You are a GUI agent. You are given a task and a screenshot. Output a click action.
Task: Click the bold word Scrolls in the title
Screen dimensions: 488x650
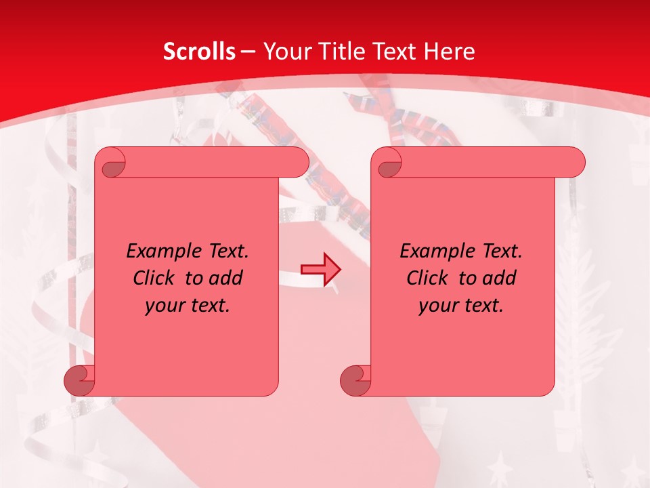tap(199, 52)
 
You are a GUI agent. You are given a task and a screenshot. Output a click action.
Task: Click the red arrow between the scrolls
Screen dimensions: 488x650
tap(320, 269)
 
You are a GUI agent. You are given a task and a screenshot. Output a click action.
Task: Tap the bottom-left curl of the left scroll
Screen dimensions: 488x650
tap(79, 380)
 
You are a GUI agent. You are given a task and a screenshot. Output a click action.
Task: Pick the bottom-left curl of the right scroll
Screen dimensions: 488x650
tap(355, 380)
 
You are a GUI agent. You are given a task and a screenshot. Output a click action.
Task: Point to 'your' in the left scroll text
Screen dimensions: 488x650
tap(163, 306)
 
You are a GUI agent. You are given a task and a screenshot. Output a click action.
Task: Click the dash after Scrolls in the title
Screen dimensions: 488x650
tap(248, 52)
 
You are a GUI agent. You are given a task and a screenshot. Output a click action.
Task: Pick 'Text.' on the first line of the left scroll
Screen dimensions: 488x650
tap(225, 251)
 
